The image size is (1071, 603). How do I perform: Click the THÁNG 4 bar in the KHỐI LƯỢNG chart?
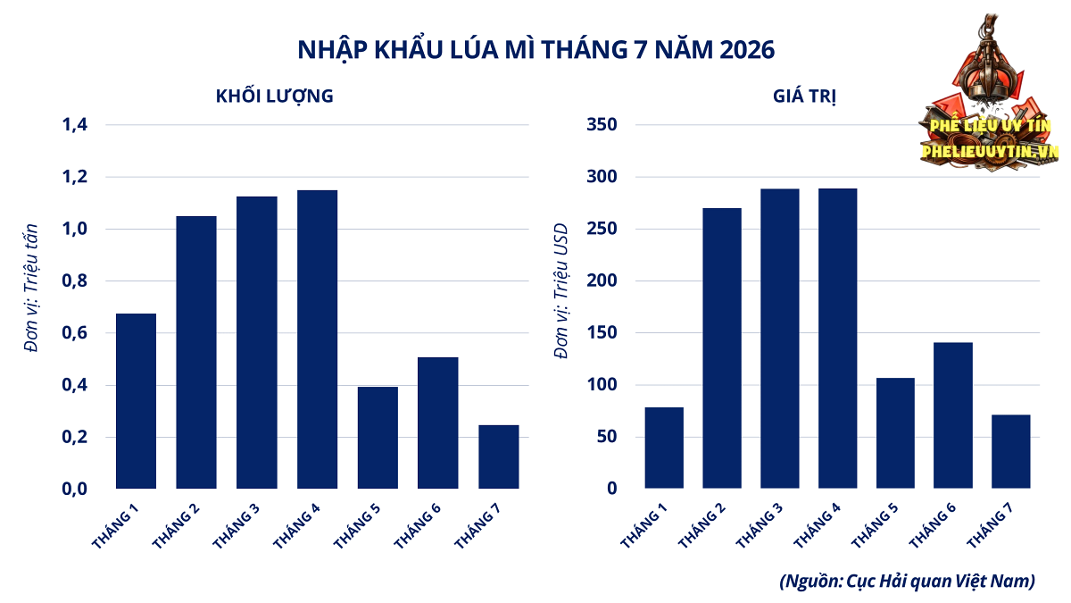317,339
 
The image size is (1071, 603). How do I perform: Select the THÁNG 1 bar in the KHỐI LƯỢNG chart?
136,401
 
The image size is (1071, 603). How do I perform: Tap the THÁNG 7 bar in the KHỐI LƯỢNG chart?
498,456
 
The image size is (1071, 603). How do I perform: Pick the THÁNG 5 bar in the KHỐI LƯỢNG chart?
378,438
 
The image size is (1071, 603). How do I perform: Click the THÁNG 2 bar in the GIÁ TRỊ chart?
721,348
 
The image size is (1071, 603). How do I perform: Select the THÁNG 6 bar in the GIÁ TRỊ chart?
952,415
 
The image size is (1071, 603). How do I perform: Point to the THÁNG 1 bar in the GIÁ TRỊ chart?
664,448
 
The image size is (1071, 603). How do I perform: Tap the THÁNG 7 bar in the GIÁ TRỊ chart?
1010,452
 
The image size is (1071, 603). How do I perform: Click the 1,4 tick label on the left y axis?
75,124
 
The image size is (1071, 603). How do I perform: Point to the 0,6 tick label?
75,332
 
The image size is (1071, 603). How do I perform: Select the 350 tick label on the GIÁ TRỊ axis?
602,124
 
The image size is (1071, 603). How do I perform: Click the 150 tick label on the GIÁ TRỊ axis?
602,332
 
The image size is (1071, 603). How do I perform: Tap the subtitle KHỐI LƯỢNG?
275,96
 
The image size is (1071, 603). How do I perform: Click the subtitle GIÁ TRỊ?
804,96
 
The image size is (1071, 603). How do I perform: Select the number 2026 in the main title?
747,50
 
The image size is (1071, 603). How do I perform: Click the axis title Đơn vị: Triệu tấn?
31,288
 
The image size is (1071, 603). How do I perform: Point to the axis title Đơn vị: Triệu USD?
560,291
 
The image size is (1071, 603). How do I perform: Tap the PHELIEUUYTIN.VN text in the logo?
990,152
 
